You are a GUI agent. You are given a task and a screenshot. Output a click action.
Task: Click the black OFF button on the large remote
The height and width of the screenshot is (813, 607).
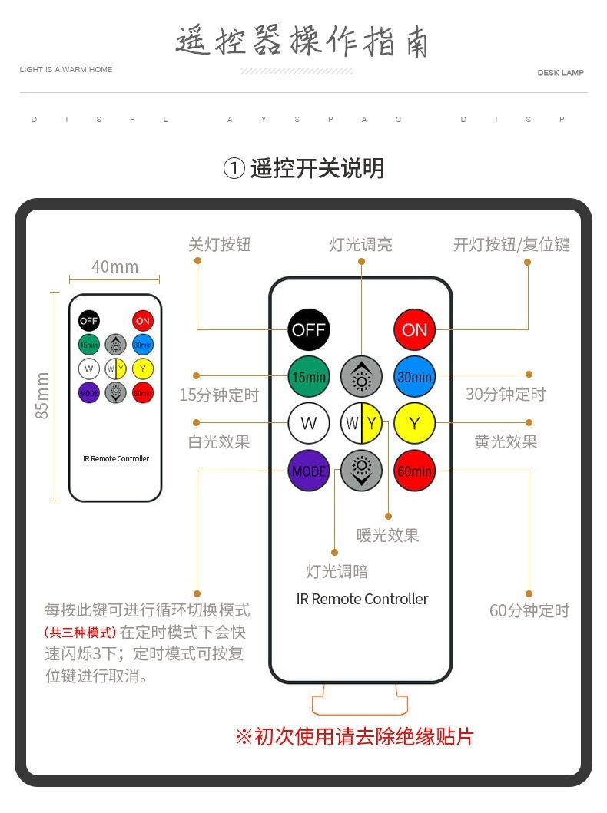coord(309,330)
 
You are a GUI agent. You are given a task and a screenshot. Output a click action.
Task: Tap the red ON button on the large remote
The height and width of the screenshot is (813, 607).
coord(414,330)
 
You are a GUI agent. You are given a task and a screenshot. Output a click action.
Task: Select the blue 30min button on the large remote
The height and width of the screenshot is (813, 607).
coord(414,377)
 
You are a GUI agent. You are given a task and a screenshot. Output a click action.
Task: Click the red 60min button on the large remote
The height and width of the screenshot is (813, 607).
coord(414,471)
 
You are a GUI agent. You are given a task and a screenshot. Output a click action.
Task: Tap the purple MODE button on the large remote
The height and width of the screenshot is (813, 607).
coord(309,471)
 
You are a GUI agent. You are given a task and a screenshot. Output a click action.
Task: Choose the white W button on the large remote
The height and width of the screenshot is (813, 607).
coord(309,423)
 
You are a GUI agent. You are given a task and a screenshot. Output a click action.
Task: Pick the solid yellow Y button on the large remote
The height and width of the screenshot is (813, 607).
coord(414,423)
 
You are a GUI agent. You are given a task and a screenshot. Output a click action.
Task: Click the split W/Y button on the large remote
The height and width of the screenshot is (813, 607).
coord(361,423)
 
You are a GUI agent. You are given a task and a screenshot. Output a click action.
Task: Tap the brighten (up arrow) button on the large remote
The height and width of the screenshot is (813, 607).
coord(361,377)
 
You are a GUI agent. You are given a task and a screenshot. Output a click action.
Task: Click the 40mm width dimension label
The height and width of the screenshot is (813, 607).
coord(114,266)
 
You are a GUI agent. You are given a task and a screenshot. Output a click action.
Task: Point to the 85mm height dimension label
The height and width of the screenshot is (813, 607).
coord(42,395)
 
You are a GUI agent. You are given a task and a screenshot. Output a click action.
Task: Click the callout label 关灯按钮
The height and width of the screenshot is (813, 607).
coord(220,245)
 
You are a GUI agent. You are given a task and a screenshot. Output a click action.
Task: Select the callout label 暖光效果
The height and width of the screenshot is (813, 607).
coord(388,535)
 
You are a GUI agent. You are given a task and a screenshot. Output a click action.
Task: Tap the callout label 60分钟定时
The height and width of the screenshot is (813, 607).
coord(529,611)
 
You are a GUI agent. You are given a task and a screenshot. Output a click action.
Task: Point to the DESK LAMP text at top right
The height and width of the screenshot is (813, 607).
coord(560,73)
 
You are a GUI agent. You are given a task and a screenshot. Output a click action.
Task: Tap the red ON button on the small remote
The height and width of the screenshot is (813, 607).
coord(142,321)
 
